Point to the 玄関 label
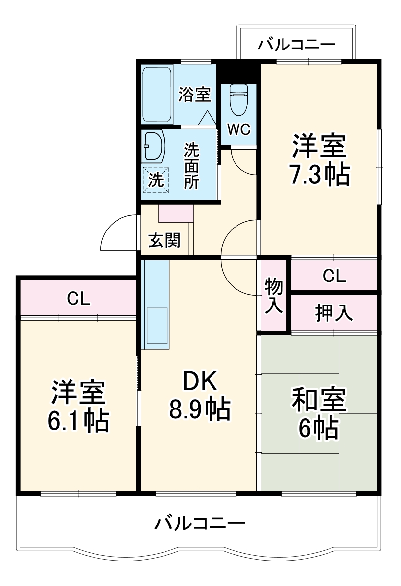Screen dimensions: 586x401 point(165,240)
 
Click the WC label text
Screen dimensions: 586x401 point(239,130)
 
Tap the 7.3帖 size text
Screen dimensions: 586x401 point(319,175)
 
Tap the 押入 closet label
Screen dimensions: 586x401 point(334,313)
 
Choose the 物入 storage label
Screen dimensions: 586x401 point(274,296)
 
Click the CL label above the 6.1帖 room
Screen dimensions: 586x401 point(78,299)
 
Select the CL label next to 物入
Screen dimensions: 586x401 point(334,277)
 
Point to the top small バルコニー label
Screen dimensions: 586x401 point(297,45)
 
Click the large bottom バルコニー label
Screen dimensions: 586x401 point(200,524)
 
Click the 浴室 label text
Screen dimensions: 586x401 point(194,94)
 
